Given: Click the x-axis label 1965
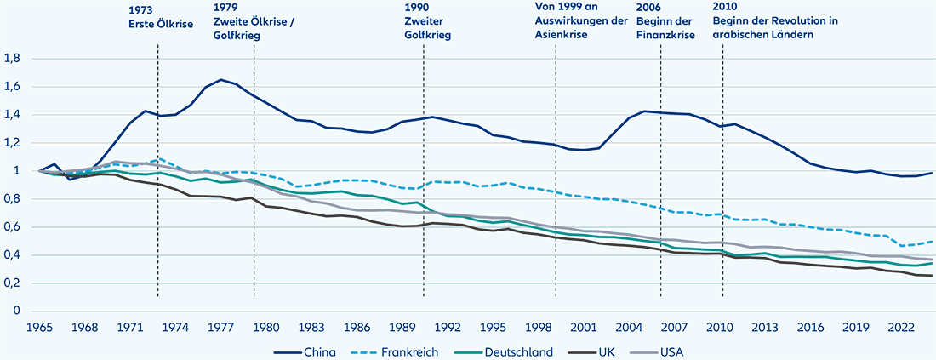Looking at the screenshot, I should click(x=38, y=326).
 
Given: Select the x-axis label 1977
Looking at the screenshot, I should click(x=221, y=326).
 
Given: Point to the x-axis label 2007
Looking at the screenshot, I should click(x=675, y=326).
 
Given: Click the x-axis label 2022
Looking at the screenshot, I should click(x=902, y=326).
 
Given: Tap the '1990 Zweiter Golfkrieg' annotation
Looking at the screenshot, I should click(x=426, y=23).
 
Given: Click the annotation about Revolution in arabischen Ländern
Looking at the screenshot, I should click(x=776, y=23).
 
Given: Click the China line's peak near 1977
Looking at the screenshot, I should click(x=221, y=80).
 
